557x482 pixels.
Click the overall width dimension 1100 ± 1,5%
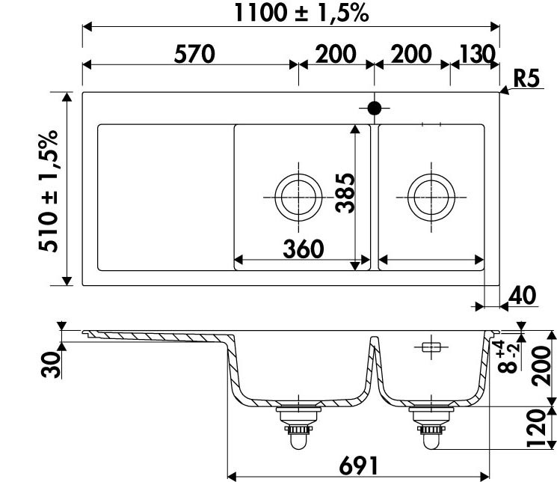point(301,13)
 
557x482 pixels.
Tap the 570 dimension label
point(194,54)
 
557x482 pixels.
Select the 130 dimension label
point(477,54)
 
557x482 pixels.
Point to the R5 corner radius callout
point(526,79)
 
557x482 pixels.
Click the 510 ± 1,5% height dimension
point(49,191)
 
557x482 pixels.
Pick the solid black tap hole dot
point(375,108)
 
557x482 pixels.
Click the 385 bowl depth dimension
point(345,193)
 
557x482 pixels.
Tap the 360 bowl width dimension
point(304,248)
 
